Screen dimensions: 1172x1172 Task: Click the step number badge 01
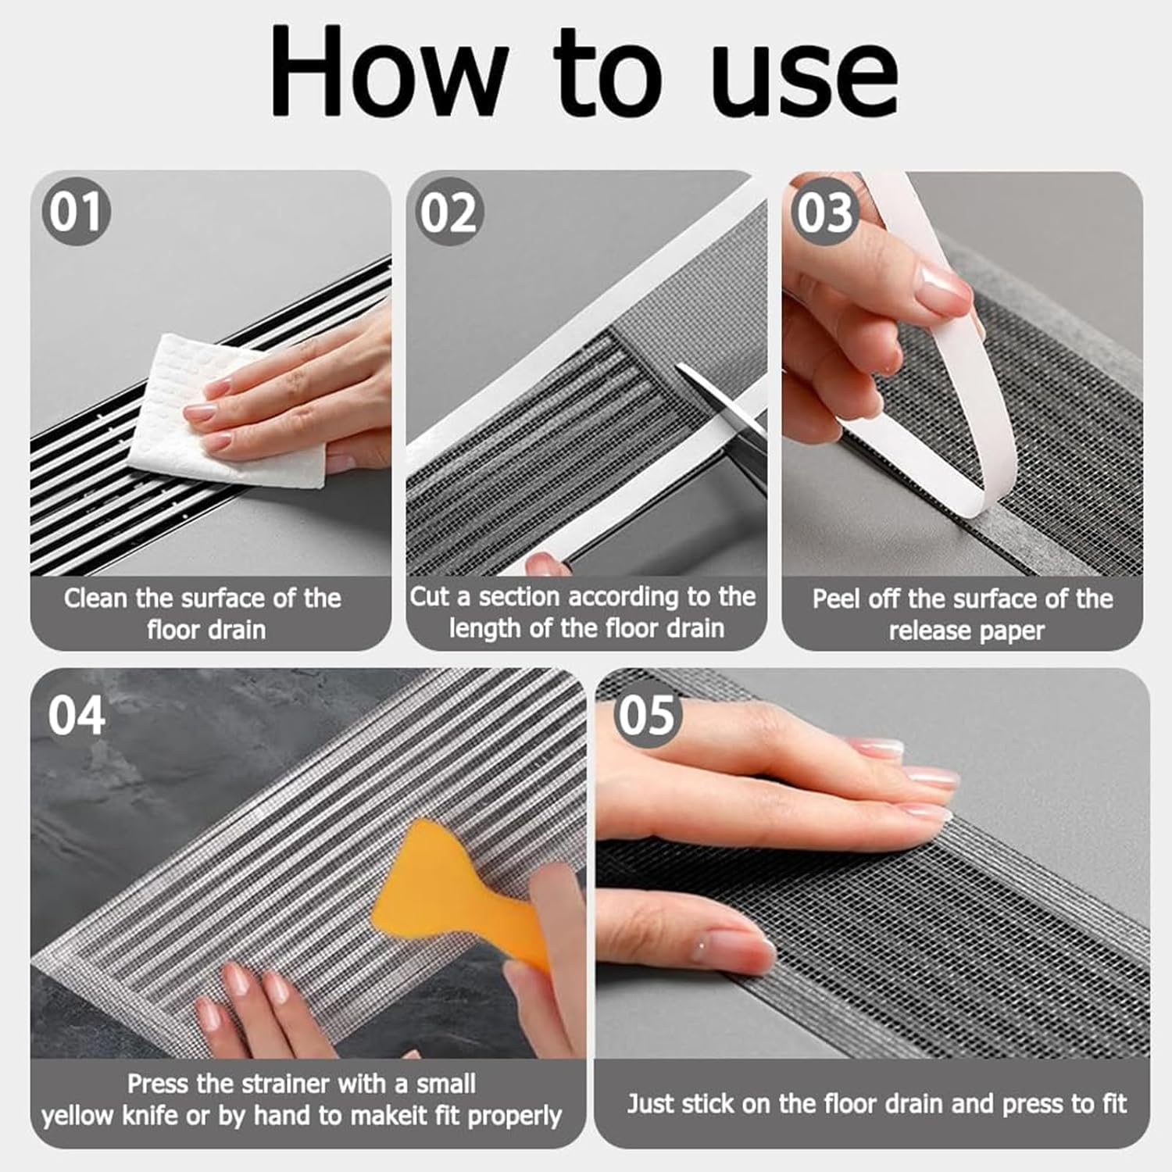click(76, 212)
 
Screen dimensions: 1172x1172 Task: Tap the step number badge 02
click(448, 212)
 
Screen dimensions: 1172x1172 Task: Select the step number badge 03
click(824, 212)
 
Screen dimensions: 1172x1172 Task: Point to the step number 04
click(76, 715)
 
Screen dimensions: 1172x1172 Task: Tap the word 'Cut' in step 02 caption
click(430, 597)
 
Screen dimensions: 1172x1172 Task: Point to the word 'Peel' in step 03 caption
click(837, 599)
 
